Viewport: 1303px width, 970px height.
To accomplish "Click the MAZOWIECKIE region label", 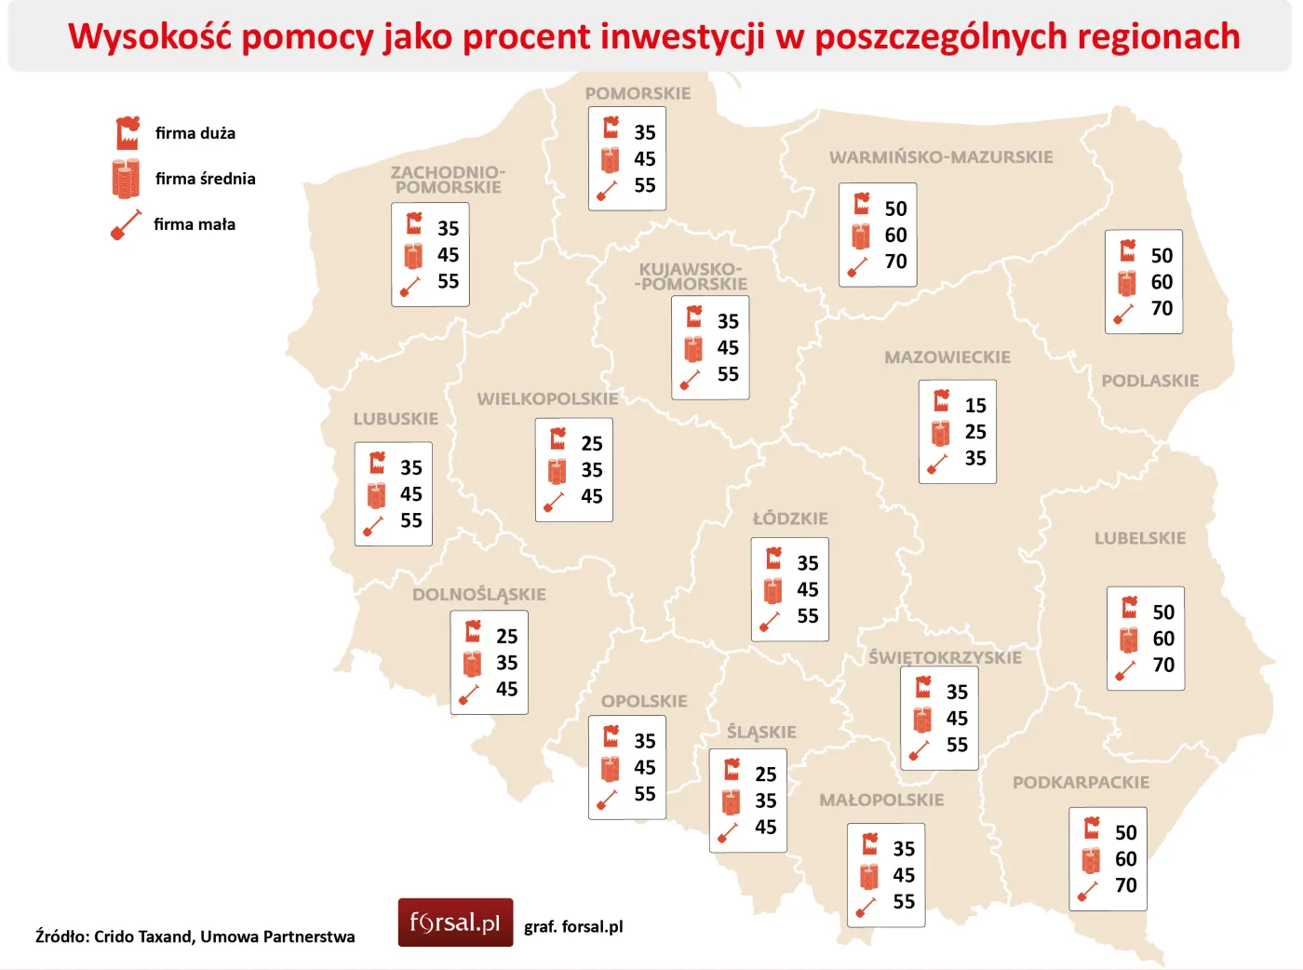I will click(x=947, y=357).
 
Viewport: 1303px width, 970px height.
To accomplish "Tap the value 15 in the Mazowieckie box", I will click(x=974, y=406).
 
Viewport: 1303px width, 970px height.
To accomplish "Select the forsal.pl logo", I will click(x=455, y=923).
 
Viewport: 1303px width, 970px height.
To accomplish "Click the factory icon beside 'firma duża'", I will click(x=128, y=133).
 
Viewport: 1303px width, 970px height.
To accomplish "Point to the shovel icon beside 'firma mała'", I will click(x=126, y=225).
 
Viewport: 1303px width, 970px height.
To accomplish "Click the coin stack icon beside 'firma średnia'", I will click(x=126, y=179).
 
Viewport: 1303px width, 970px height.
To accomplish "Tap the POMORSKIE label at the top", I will click(x=638, y=94).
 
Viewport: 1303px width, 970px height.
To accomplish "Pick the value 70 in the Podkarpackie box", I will click(x=1125, y=885).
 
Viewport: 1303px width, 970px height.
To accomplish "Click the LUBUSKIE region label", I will click(x=396, y=419).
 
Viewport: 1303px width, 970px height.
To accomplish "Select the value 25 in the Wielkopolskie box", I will click(x=592, y=444).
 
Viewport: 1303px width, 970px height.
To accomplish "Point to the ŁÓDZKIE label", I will click(x=790, y=519).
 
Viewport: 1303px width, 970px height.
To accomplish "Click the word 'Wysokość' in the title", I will click(x=148, y=37).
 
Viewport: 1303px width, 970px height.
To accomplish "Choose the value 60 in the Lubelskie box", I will click(x=1163, y=639).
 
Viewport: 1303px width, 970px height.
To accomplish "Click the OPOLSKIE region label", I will click(x=644, y=702).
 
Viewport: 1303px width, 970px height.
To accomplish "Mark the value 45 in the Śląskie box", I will click(x=765, y=828).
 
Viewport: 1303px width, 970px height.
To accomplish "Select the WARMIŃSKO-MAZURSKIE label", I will click(x=941, y=157).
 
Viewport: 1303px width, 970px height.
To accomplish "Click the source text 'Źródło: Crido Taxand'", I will click(x=116, y=936).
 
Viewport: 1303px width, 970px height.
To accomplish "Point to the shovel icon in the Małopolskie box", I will click(x=866, y=906).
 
